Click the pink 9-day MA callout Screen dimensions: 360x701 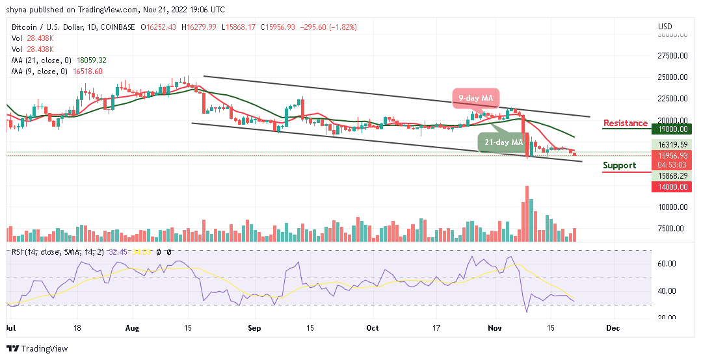(x=475, y=99)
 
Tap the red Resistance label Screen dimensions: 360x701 (x=625, y=123)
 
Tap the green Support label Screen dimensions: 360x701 (x=619, y=165)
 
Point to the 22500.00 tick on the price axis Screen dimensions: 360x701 (x=673, y=99)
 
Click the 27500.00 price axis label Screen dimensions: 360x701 (x=673, y=55)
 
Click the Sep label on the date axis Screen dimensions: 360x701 (x=254, y=328)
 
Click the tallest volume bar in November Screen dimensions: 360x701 (x=526, y=214)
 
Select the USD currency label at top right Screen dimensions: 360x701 (x=665, y=27)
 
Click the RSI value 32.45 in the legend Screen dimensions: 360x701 (x=122, y=251)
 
